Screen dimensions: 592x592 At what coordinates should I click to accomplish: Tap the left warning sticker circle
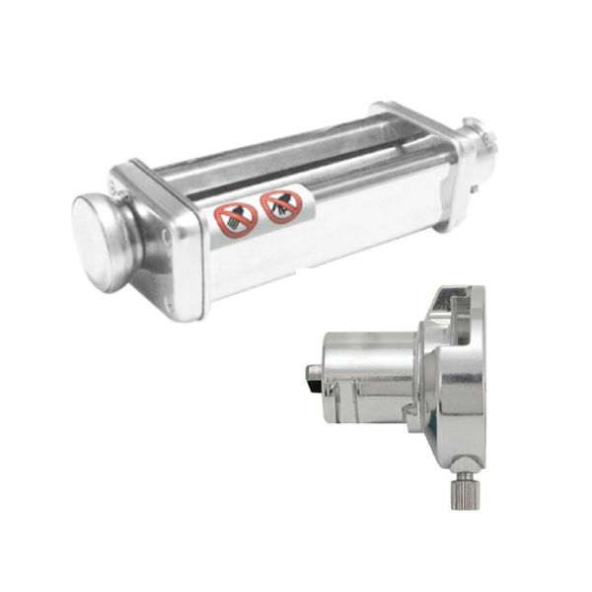(236, 219)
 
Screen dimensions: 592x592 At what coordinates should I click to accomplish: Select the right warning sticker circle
(281, 206)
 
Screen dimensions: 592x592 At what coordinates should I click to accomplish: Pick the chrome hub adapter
(414, 380)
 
